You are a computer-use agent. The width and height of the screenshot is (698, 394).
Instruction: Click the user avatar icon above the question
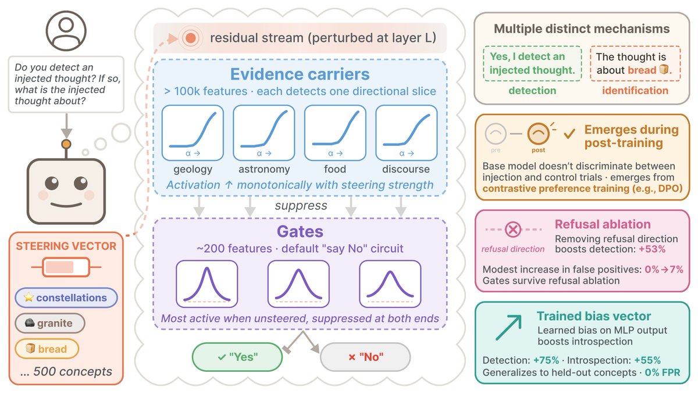pyautogui.click(x=66, y=31)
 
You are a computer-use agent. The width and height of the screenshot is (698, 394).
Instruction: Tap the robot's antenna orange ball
pyautogui.click(x=66, y=144)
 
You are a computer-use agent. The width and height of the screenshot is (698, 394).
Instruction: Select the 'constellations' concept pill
pyautogui.click(x=66, y=298)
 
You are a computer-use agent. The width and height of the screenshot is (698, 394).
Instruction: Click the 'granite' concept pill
pyautogui.click(x=50, y=323)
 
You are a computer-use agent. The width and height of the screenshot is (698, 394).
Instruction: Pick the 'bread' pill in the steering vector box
pyautogui.click(x=47, y=349)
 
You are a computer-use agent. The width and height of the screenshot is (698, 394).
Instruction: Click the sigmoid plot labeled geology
pyautogui.click(x=193, y=133)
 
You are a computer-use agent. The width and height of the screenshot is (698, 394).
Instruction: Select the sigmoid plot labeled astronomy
pyautogui.click(x=263, y=133)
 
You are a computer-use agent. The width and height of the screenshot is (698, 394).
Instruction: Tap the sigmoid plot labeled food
pyautogui.click(x=335, y=133)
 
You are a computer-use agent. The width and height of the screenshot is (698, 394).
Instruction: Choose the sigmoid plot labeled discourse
pyautogui.click(x=406, y=133)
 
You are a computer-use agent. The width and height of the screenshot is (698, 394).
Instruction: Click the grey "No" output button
pyautogui.click(x=365, y=356)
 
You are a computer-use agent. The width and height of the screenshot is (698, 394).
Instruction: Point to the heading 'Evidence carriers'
pyautogui.click(x=300, y=74)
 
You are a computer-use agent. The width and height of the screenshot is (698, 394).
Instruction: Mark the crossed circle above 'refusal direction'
pyautogui.click(x=513, y=230)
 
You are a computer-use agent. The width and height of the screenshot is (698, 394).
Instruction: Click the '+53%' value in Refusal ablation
pyautogui.click(x=651, y=249)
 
